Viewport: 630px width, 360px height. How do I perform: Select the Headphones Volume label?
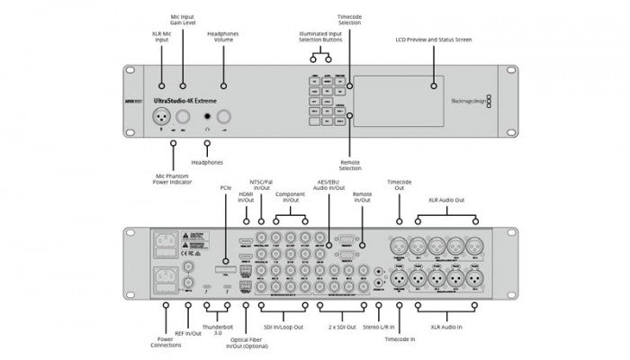223,38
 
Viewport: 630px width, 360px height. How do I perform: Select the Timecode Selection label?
349,19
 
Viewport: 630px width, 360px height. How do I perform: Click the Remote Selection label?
349,165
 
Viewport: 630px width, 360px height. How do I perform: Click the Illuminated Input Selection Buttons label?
322,38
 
